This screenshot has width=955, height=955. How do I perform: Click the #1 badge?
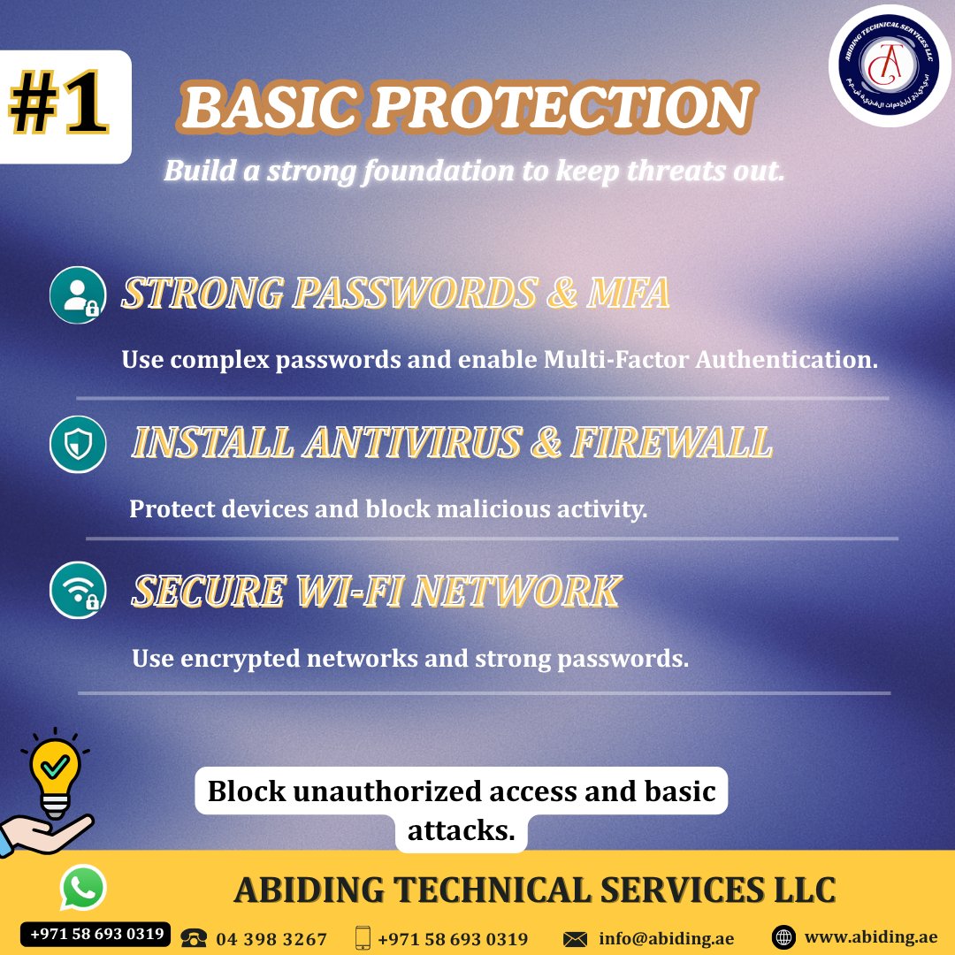59,106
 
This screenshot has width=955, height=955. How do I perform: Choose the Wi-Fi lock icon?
78,591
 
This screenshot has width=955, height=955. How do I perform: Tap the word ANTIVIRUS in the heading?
411,443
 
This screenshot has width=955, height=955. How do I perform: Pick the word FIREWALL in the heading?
671,443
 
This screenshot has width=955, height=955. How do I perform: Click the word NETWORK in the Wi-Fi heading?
516,592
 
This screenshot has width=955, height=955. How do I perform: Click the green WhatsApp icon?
82,888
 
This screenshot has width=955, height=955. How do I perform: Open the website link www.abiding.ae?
870,937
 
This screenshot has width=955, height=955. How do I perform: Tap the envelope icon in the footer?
576,938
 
